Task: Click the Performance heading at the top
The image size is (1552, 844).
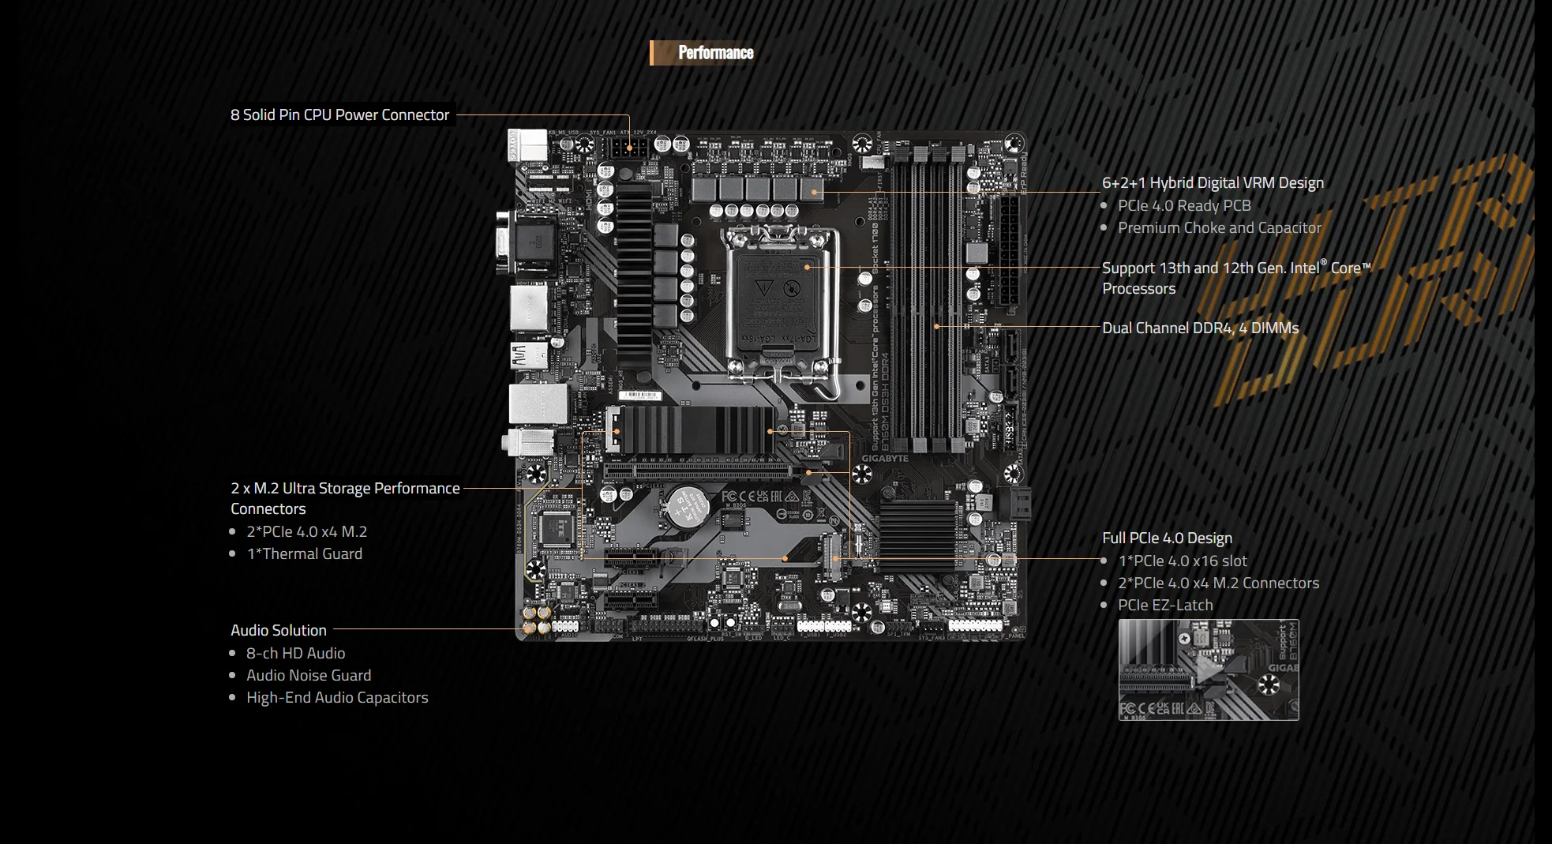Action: [715, 53]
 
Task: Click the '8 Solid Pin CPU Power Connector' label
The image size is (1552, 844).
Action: [339, 115]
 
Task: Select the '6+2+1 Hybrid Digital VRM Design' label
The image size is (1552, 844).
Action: [1213, 183]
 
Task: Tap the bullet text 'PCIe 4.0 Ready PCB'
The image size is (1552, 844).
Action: [1184, 206]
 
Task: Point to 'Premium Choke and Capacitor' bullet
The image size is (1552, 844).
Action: [1219, 228]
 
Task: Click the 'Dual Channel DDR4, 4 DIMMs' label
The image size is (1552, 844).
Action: [1200, 328]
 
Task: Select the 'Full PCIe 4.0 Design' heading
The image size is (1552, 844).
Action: [1167, 538]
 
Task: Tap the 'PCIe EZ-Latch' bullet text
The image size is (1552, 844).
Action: [1165, 606]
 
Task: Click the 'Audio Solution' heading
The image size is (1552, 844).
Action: [279, 631]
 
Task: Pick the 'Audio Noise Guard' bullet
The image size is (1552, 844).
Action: [309, 676]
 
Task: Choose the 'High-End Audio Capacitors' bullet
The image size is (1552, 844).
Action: [337, 698]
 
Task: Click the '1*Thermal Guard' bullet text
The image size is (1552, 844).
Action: [305, 554]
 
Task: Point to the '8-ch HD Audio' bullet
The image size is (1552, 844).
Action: [295, 654]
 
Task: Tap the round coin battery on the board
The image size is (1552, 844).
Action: [688, 505]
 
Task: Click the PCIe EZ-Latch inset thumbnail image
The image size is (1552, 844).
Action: [1208, 670]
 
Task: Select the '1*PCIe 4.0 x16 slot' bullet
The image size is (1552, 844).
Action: [1183, 561]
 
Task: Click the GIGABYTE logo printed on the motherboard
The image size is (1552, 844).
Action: [885, 459]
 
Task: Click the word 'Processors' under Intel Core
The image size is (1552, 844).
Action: [1138, 289]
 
